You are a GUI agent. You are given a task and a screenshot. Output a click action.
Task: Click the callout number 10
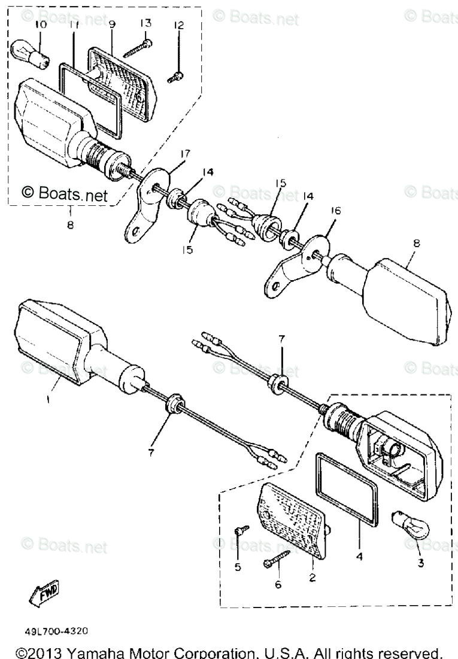pos(40,25)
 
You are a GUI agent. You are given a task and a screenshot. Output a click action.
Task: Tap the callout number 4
pos(359,556)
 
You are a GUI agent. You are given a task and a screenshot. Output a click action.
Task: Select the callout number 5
pos(238,567)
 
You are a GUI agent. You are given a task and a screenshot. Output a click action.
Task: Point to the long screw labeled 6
pos(276,560)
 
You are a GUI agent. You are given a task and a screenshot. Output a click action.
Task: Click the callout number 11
pos(74,25)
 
